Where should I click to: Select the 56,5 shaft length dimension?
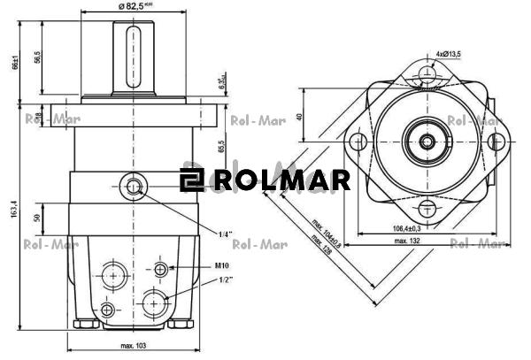[37, 57]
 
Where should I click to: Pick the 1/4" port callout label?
[226, 234]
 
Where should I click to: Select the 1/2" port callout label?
[225, 280]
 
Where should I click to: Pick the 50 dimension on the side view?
[37, 218]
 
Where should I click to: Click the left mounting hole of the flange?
[358, 142]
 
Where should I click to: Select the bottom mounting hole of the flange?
[427, 210]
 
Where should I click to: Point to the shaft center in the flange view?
[427, 142]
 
